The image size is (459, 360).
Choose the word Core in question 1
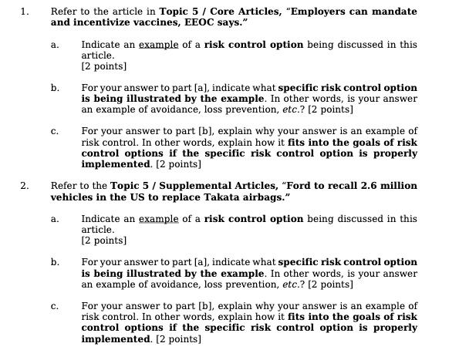[x=209, y=12]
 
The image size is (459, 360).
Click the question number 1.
[x=24, y=12]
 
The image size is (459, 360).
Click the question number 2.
[x=24, y=186]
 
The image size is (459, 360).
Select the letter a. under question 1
[x=55, y=45]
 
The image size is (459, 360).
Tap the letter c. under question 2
[x=55, y=306]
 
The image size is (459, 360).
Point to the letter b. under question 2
[x=55, y=262]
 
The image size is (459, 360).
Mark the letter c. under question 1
[x=55, y=132]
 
